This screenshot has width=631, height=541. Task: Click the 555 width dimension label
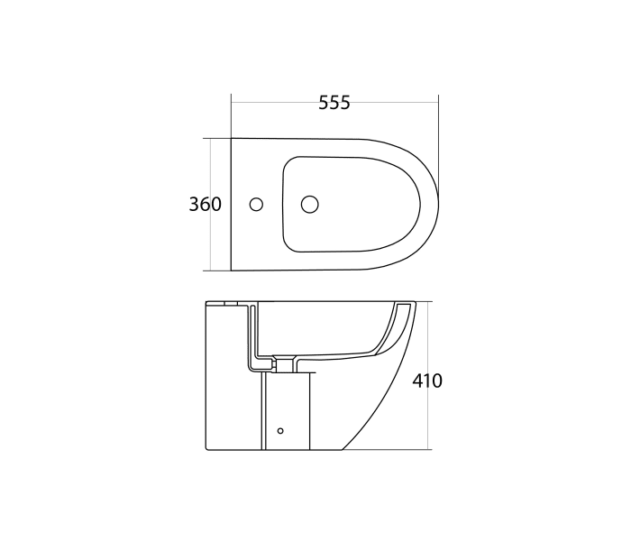point(334,103)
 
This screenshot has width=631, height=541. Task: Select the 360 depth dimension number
point(205,205)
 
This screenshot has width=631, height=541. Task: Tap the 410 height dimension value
point(426,381)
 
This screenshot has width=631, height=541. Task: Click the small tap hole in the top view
point(257,205)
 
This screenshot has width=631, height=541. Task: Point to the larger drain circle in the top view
point(309,204)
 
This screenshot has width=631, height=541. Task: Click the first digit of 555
point(324,103)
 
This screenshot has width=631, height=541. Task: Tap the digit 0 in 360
point(216,205)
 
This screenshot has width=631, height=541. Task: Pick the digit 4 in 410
point(417,381)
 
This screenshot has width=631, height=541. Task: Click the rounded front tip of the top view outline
point(438,205)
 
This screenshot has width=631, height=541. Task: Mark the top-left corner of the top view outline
point(232,139)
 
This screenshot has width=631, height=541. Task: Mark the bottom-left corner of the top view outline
point(232,270)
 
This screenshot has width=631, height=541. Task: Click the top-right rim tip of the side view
point(415,303)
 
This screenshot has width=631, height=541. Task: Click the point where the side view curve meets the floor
point(343,449)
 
